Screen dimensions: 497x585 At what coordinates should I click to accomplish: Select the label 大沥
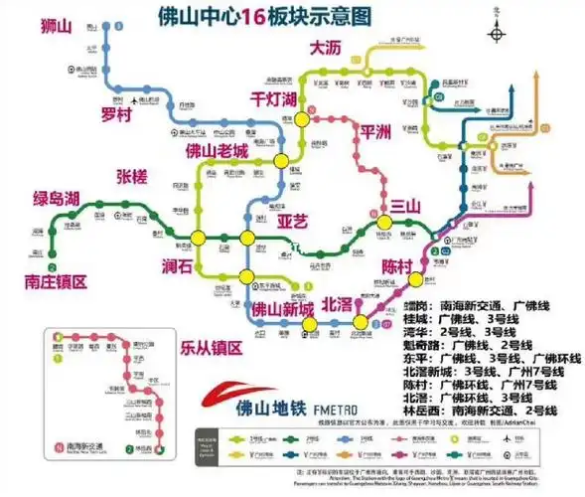pyautogui.click(x=326, y=48)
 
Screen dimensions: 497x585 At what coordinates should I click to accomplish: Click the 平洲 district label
pyautogui.click(x=376, y=131)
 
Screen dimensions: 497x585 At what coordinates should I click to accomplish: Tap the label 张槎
pyautogui.click(x=130, y=177)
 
